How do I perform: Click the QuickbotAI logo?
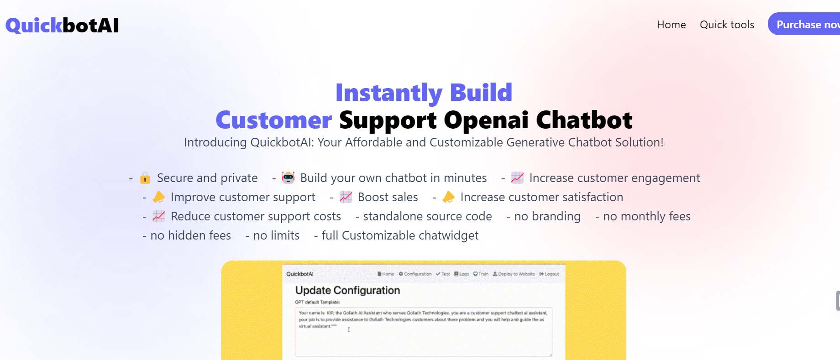(62, 26)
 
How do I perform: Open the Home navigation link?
(671, 25)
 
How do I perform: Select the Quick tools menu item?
(727, 25)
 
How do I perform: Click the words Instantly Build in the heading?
(424, 93)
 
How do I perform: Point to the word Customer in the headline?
(273, 120)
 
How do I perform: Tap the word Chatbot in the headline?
(584, 120)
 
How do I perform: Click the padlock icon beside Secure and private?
(145, 178)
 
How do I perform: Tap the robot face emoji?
(288, 177)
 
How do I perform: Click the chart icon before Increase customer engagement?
(517, 178)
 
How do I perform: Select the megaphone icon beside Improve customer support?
(159, 197)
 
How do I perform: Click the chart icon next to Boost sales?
(346, 197)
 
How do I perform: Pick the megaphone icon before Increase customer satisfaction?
(448, 197)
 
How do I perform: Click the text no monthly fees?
(646, 216)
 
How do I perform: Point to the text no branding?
(547, 216)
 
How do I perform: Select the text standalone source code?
(427, 216)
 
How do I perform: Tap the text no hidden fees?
(190, 235)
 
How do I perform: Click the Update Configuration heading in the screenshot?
(347, 290)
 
